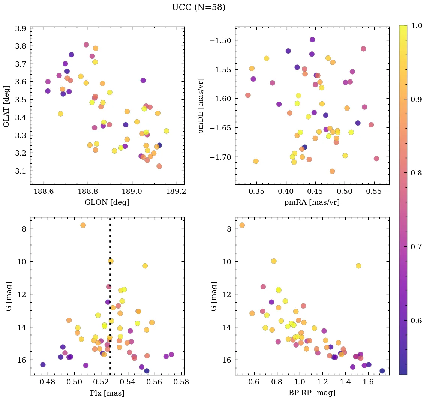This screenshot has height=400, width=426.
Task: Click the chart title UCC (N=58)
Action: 198,7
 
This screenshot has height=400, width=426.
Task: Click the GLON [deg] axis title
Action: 107,203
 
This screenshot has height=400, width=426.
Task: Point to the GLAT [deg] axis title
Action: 7,105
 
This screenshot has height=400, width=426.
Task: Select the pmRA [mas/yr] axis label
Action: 312,203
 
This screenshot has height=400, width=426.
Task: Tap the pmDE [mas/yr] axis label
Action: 202,105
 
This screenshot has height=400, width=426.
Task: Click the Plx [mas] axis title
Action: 107,393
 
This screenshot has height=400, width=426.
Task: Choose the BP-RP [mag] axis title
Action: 312,393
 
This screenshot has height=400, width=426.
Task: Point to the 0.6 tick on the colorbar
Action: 416,321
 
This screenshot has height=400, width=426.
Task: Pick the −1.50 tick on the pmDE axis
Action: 221,40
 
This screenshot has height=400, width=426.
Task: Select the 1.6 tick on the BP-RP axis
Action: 368,382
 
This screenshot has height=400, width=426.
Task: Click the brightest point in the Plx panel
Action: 83,225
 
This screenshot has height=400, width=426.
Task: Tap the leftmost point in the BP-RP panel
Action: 242,225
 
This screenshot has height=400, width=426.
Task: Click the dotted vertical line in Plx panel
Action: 110,300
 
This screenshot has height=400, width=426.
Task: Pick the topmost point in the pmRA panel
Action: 312,40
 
